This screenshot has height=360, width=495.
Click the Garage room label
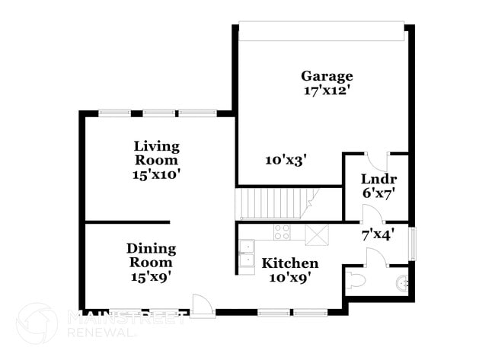click(x=327, y=76)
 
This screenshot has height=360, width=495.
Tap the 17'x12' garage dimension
click(x=327, y=90)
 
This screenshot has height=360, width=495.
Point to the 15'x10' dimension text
click(x=156, y=174)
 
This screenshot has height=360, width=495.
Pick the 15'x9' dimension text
click(x=151, y=276)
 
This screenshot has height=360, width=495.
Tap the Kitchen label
click(x=290, y=263)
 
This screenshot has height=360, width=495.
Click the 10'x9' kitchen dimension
click(x=290, y=277)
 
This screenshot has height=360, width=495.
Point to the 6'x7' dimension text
click(x=378, y=193)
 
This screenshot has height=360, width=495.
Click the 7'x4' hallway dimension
click(x=377, y=234)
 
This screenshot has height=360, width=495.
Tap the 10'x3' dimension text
click(x=286, y=160)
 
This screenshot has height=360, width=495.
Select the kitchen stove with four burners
click(x=282, y=231)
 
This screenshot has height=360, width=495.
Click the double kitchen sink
click(x=247, y=253)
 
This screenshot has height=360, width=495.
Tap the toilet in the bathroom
click(x=356, y=282)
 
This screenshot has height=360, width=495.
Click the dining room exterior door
click(x=203, y=306)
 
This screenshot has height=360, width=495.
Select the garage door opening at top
click(x=320, y=30)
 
